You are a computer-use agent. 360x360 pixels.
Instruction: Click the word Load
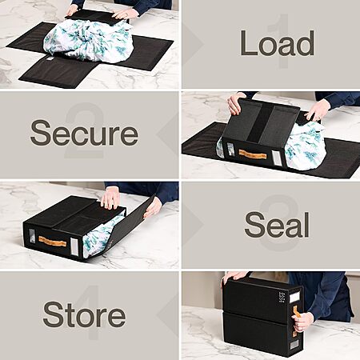[x=277, y=43]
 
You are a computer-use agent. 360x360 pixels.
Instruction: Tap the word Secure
[x=84, y=133]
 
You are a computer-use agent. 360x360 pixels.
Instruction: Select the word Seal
[x=277, y=225]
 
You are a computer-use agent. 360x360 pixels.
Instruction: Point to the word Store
[x=84, y=314]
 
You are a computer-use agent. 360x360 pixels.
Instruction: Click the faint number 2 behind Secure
[x=85, y=130]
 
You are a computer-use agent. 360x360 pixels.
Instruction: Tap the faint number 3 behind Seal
[x=278, y=223]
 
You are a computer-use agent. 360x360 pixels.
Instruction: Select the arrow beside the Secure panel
[x=167, y=134]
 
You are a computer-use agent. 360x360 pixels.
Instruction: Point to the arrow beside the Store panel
[x=167, y=314]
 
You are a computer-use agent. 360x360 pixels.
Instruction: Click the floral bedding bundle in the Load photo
[x=88, y=42]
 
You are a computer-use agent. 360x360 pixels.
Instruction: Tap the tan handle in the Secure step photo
[x=253, y=154]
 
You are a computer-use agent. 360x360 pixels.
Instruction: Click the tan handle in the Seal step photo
[x=52, y=242]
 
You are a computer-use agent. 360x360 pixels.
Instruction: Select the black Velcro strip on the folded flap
[x=261, y=122]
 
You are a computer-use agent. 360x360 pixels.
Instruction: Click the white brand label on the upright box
[x=294, y=297]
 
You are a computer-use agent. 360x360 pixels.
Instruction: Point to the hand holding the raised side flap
[x=153, y=207]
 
